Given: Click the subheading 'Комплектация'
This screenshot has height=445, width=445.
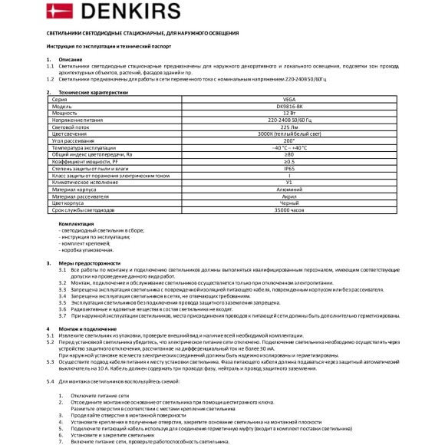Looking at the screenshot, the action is point(76,223).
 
